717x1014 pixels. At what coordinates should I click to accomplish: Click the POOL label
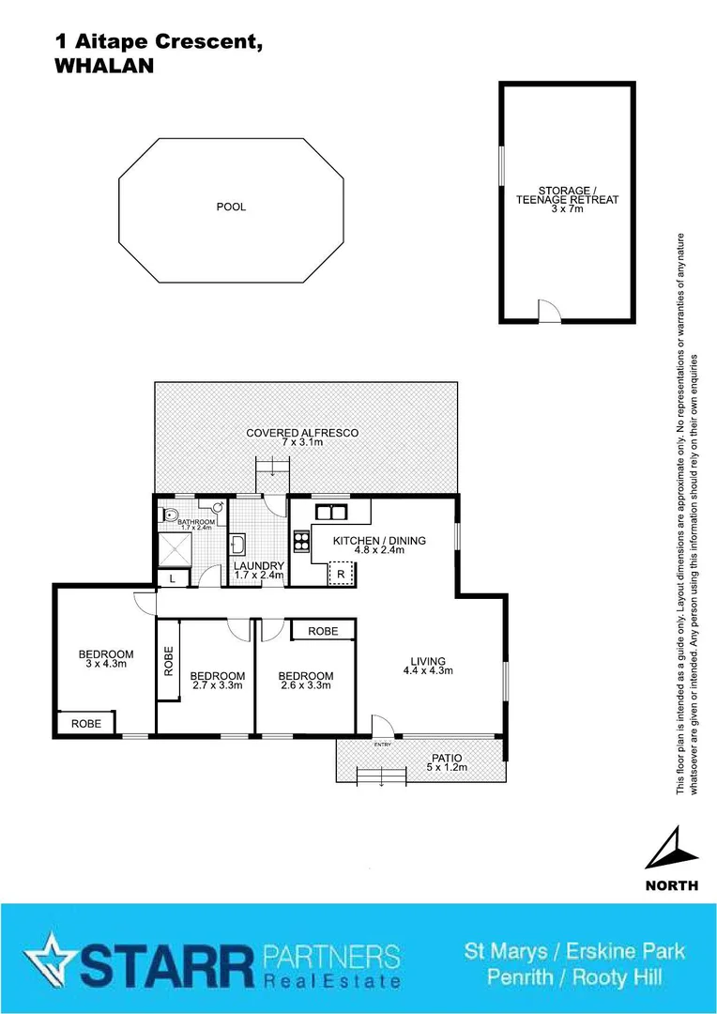[231, 207]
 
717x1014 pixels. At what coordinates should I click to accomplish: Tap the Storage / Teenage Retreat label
[567, 200]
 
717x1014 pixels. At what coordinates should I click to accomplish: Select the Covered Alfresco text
[302, 437]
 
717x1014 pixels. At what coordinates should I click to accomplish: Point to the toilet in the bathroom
[170, 515]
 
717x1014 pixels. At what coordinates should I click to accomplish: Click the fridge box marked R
[339, 574]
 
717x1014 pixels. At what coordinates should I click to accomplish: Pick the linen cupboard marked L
[173, 579]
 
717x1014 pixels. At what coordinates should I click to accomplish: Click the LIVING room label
[427, 665]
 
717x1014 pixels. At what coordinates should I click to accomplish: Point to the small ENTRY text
[382, 745]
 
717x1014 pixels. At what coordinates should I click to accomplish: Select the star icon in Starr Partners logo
[47, 960]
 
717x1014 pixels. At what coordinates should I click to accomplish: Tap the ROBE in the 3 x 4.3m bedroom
[85, 724]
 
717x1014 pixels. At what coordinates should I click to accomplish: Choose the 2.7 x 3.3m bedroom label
[217, 681]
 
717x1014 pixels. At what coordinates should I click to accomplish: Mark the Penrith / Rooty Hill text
[574, 977]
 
